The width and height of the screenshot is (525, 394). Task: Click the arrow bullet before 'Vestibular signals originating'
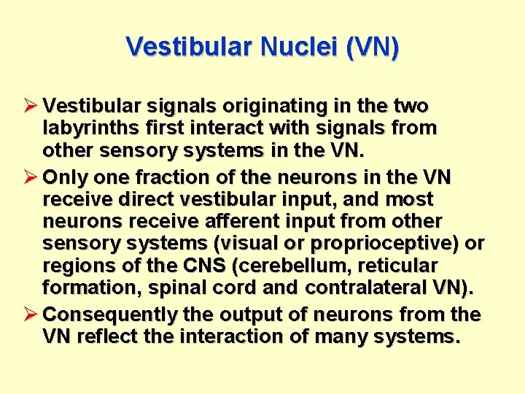[32, 106]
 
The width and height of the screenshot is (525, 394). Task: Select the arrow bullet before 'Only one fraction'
[32, 176]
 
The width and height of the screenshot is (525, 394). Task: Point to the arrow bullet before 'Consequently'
[32, 314]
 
